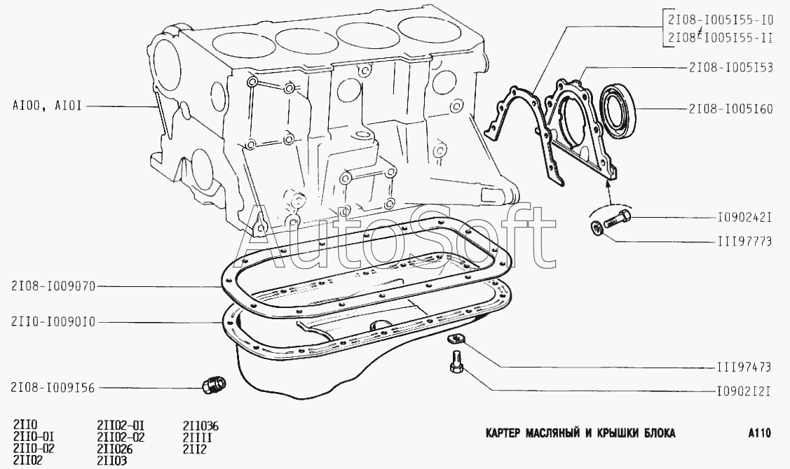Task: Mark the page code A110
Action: tap(759, 433)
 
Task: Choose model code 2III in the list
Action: tap(197, 437)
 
